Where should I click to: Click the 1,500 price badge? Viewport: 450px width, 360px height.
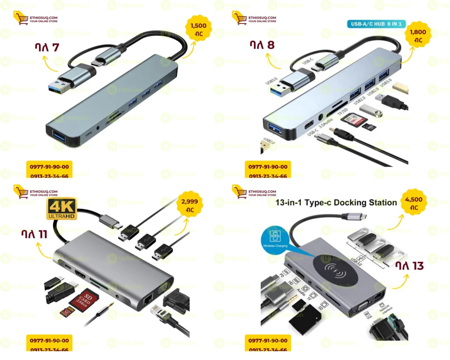[198, 29]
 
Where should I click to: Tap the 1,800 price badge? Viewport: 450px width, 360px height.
[418, 36]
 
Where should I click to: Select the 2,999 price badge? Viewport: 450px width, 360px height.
[189, 205]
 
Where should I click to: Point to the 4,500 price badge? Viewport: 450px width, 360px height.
[413, 203]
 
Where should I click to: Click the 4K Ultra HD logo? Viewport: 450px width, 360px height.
[62, 209]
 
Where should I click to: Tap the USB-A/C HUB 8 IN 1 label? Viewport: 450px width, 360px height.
[376, 24]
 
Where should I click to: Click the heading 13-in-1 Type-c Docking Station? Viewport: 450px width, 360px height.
[336, 202]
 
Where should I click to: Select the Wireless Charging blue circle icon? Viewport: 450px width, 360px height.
[275, 238]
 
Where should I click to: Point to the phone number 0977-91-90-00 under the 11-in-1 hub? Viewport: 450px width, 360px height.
[49, 340]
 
